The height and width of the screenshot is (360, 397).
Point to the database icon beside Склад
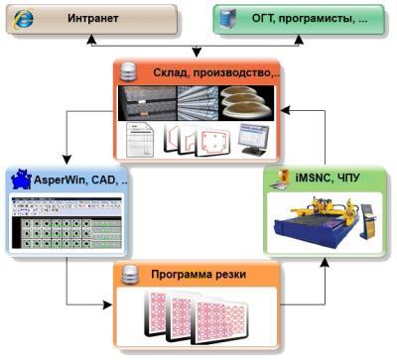click(x=129, y=72)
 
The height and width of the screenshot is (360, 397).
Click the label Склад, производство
click(x=216, y=72)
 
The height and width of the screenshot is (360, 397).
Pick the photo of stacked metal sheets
click(x=146, y=102)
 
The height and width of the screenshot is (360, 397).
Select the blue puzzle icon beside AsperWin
click(x=21, y=180)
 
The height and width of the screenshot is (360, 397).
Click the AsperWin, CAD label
click(x=79, y=181)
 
